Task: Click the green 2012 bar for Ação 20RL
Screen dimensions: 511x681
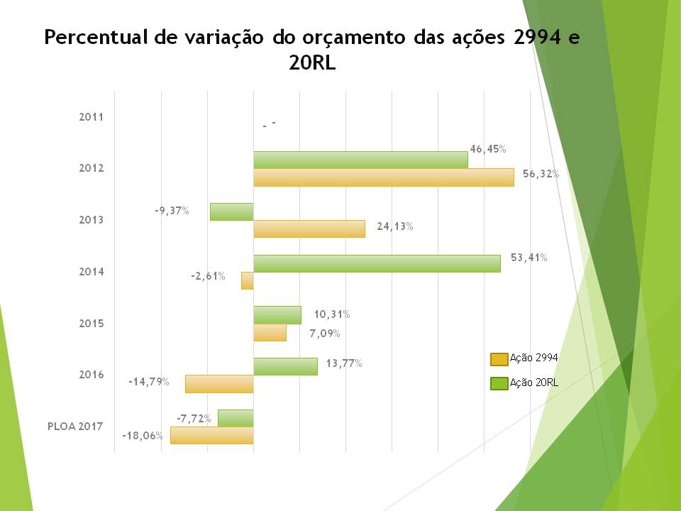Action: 360,160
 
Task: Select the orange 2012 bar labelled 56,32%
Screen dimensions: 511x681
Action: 383,177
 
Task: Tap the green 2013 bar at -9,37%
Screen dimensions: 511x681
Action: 232,211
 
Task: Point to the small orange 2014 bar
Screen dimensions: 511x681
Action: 248,280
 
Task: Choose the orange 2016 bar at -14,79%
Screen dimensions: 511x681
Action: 219,384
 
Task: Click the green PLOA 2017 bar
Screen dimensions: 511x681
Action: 236,418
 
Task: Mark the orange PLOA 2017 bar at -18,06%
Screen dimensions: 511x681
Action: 211,435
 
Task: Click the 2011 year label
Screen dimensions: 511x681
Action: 91,117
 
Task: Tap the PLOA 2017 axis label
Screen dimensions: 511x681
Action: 75,427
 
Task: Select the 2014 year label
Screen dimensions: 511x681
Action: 91,272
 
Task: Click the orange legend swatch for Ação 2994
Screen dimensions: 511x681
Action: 499,358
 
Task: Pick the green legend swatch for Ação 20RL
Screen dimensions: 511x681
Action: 499,383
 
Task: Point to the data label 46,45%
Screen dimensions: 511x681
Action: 487,149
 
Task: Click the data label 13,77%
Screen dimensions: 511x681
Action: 344,363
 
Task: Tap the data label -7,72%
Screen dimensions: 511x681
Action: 194,419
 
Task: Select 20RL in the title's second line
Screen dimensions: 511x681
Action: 312,63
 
